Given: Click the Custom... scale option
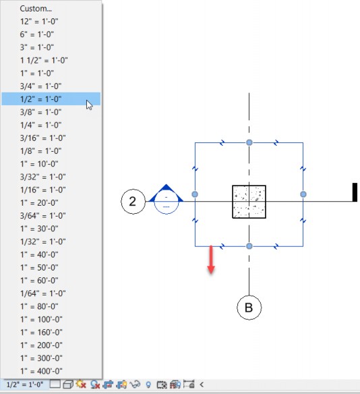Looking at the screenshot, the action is point(36,9).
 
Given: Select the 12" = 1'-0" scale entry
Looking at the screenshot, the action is point(39,22).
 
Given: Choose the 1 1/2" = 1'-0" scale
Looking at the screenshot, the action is point(44,60).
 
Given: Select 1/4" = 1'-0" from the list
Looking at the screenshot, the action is point(40,125).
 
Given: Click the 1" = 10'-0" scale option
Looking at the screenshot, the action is point(39,164).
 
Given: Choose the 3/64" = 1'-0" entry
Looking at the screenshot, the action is point(42,216).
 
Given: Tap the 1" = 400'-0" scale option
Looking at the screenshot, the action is point(41,371).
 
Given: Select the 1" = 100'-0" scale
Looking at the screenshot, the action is point(41,319).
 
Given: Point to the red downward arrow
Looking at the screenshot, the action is point(211,259).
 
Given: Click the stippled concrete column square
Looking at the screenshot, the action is point(249,202).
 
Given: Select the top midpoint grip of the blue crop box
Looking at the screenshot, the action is point(249,142).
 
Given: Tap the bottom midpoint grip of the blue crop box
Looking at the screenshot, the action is point(249,246).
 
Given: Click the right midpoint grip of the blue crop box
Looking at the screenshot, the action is point(303,194).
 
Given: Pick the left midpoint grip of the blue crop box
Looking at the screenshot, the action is point(195,194).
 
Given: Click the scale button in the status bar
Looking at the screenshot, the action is point(24,385).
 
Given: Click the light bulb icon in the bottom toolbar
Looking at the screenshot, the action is point(148,385).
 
